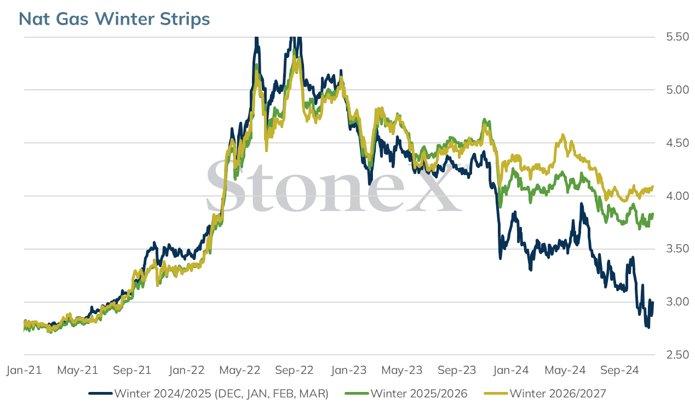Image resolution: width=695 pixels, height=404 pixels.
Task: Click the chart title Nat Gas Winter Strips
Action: (114, 19)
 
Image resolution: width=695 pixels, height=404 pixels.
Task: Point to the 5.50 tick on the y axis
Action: (677, 37)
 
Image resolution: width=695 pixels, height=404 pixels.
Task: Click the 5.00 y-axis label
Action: (677, 90)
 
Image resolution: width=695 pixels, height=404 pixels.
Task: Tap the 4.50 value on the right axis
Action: (677, 143)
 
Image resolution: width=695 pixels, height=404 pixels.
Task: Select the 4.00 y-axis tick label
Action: (677, 196)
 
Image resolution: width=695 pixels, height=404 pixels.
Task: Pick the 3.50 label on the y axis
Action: (677, 249)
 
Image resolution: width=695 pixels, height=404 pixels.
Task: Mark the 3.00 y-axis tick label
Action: (677, 302)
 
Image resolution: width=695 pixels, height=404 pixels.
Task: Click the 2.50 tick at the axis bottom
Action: (677, 355)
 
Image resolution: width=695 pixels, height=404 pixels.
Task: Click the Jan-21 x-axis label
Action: (24, 370)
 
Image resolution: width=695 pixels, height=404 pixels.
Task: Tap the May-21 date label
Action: (78, 370)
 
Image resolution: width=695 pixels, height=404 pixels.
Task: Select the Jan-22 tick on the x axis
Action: (186, 370)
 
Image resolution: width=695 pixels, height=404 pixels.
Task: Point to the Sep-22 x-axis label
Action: (294, 370)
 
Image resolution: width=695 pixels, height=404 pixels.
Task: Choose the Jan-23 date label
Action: (349, 370)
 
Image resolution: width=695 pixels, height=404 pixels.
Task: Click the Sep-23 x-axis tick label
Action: (457, 370)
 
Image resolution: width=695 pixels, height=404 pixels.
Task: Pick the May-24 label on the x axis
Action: (565, 370)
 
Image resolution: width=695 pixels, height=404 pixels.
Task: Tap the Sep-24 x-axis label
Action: (619, 370)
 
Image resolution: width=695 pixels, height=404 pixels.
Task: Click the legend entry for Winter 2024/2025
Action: (221, 394)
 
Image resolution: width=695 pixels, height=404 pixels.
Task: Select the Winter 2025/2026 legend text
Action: (419, 394)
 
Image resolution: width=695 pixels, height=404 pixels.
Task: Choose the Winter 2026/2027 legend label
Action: (558, 394)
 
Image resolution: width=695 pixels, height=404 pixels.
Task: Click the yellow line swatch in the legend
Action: (496, 394)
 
